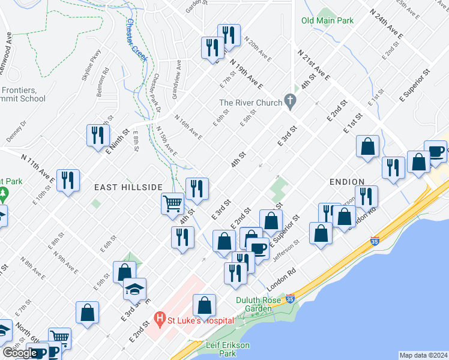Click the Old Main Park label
click(327, 20)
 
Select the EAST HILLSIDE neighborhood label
click(128, 187)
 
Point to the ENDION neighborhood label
click(347, 181)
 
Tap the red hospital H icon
click(160, 318)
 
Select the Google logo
click(20, 352)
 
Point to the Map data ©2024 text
click(423, 355)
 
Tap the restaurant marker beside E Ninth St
click(96, 135)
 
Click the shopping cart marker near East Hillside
click(173, 203)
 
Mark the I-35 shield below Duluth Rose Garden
click(291, 299)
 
